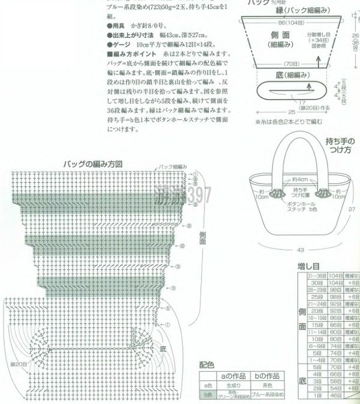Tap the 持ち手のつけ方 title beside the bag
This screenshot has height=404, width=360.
pos(340,146)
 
